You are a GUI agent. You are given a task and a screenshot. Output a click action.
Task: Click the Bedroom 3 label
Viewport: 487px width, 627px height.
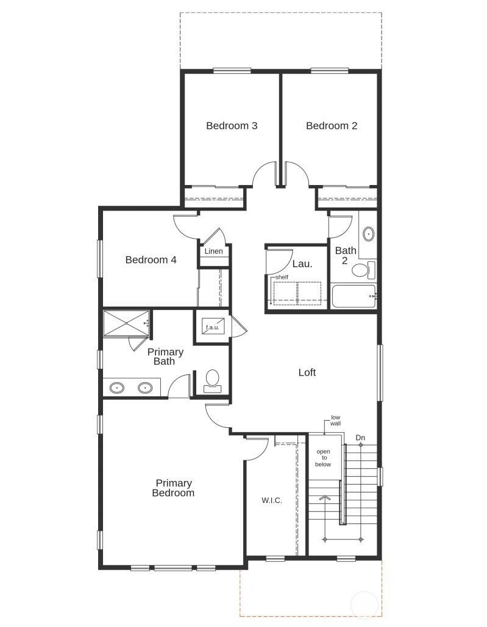click(232, 126)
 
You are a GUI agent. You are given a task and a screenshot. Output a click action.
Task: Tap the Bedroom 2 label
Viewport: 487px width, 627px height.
click(332, 126)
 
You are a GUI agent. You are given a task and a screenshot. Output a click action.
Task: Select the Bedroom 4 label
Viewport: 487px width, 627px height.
click(151, 260)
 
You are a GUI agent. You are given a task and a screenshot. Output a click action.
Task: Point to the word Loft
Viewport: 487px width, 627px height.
click(307, 373)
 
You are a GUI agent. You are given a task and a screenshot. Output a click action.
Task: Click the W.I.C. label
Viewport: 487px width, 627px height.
click(271, 500)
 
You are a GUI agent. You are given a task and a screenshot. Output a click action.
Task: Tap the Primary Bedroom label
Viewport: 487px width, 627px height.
click(173, 488)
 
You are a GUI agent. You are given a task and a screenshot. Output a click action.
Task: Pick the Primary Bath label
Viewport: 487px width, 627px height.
click(165, 357)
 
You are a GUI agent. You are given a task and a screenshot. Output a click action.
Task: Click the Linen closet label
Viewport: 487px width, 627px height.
click(213, 251)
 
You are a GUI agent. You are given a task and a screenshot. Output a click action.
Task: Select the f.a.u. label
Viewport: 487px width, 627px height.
click(212, 327)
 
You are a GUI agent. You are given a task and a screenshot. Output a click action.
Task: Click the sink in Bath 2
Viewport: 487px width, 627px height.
click(368, 234)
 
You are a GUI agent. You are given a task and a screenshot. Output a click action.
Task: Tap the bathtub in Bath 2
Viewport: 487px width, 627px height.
click(354, 296)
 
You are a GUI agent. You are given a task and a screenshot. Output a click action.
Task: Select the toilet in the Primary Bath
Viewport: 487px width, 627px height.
click(213, 380)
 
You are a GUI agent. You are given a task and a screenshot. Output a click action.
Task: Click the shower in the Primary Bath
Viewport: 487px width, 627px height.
click(126, 323)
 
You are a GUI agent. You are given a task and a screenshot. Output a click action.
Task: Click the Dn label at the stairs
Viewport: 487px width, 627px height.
click(361, 438)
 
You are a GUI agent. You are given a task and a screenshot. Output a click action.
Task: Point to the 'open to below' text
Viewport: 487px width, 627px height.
click(323, 458)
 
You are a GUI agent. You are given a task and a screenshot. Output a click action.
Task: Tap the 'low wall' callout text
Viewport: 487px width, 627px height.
click(335, 420)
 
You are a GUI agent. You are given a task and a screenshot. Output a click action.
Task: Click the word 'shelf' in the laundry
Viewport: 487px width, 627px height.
click(282, 278)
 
